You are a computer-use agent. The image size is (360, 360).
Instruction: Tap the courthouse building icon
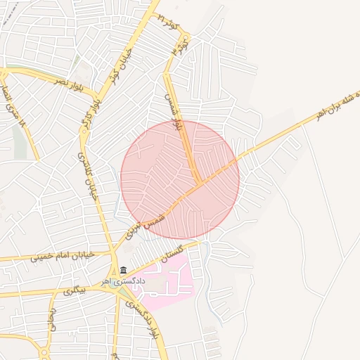click(x=124, y=271)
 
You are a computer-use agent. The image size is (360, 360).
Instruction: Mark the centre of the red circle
click(x=180, y=179)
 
